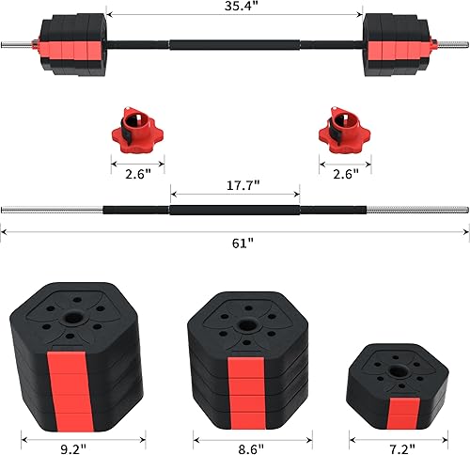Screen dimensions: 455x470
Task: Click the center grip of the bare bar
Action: tap(234, 207)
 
